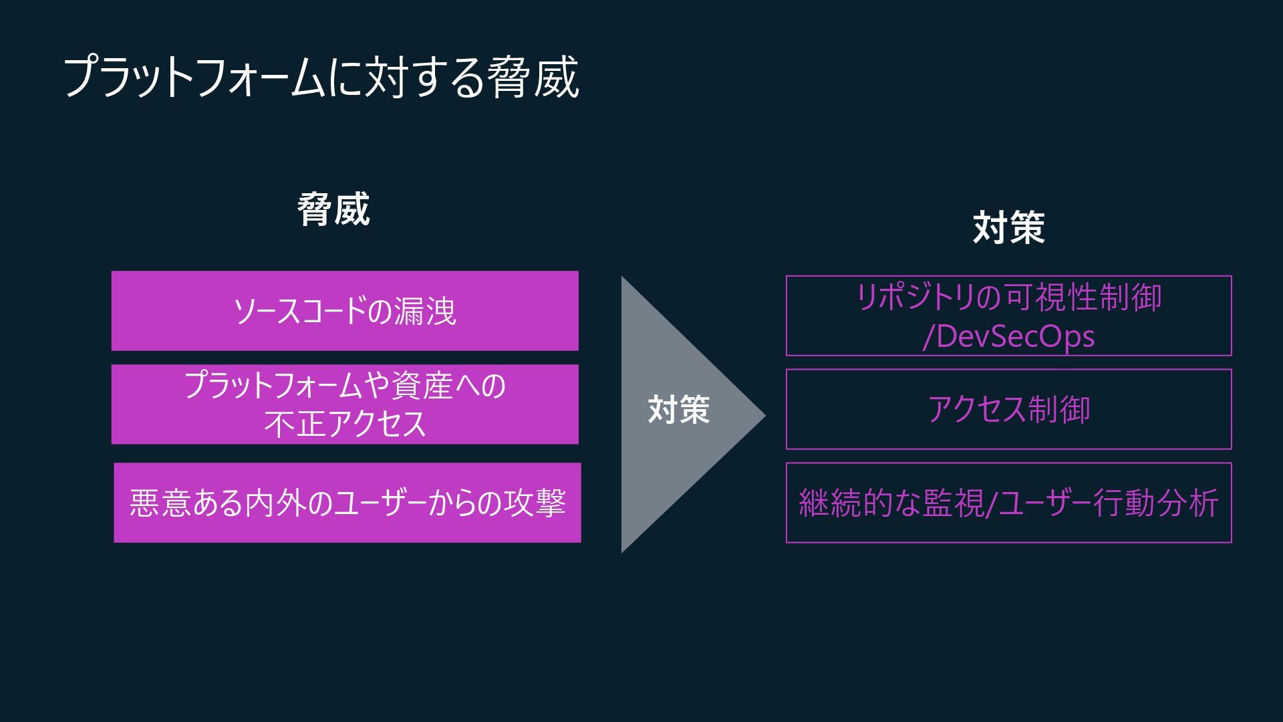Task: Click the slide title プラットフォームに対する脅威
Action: [321, 78]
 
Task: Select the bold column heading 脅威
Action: [333, 209]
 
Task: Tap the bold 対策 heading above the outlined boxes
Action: [1008, 227]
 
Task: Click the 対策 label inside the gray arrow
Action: [678, 409]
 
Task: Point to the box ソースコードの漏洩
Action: [345, 311]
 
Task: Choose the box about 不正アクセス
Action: [345, 404]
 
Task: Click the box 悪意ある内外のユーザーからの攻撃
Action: [347, 502]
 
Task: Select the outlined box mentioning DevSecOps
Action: [1008, 316]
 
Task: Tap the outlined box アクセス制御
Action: [1008, 409]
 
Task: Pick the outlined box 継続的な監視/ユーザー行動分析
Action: [1008, 502]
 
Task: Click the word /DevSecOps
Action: [1008, 336]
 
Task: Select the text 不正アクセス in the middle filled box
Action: [345, 424]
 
